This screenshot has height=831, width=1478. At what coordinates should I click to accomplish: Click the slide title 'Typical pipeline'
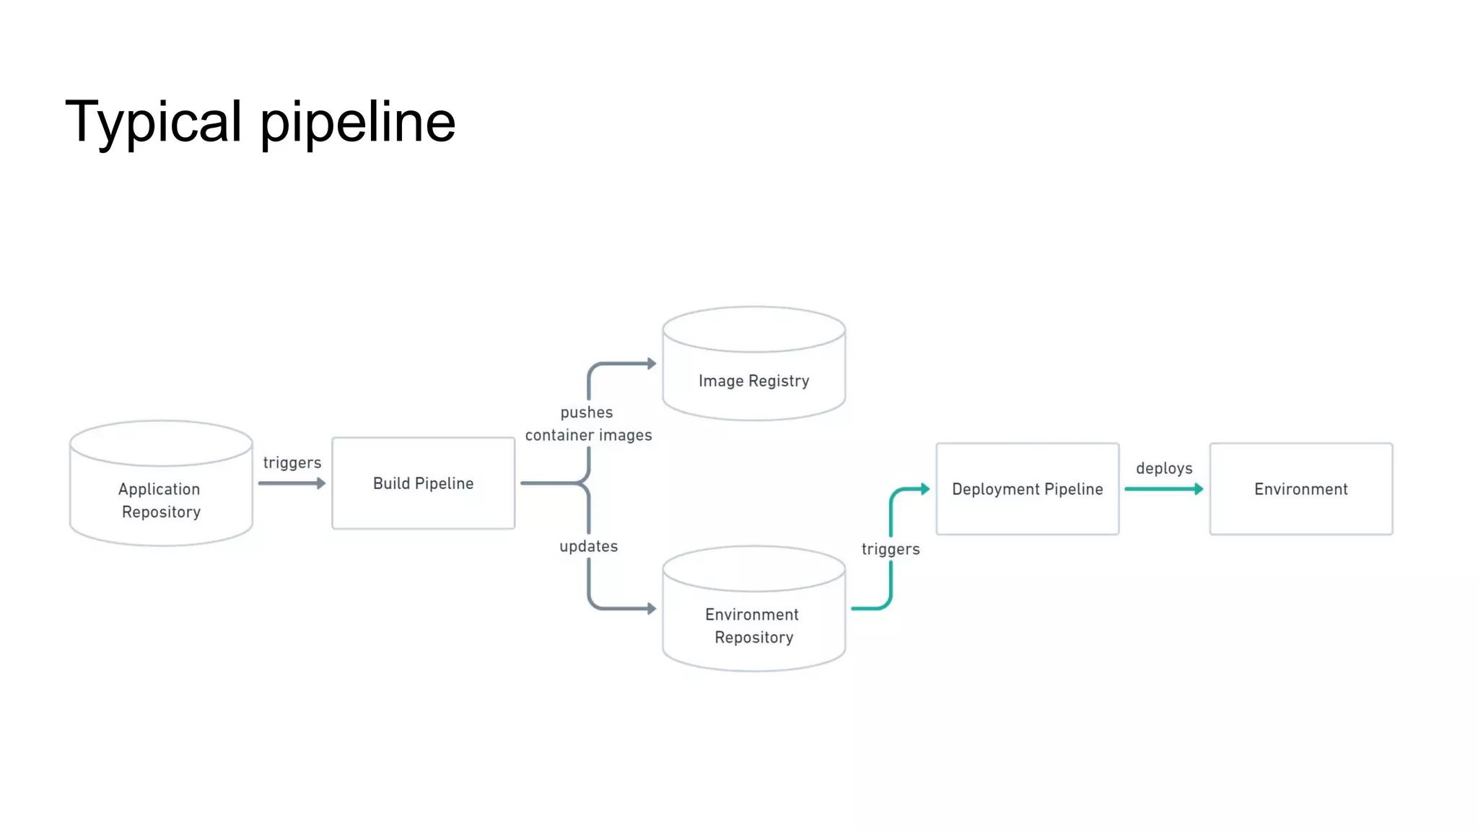[x=260, y=123]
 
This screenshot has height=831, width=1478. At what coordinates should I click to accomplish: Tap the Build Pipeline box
[x=423, y=483]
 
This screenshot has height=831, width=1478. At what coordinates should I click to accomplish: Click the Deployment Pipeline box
[x=1027, y=489]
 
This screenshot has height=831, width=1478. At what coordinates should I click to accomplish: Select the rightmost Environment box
[x=1300, y=489]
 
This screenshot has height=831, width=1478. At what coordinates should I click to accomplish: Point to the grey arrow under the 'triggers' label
[x=292, y=483]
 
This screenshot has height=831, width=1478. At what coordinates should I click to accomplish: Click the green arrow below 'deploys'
[x=1163, y=489]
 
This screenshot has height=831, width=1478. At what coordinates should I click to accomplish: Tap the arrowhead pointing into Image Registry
[x=651, y=364]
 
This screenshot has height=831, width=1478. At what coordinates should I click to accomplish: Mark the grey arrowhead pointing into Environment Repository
[x=651, y=609]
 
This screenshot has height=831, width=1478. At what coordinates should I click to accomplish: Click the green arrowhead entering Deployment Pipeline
[x=924, y=489]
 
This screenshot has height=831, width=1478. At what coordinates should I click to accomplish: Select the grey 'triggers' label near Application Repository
[x=292, y=462]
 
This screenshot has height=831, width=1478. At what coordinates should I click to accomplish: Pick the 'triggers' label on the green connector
[x=891, y=549]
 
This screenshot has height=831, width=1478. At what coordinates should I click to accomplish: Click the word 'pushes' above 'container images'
[x=587, y=413]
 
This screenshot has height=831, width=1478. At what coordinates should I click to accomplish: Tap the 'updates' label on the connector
[x=588, y=546]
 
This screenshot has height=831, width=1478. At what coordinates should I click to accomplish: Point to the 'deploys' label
[x=1164, y=468]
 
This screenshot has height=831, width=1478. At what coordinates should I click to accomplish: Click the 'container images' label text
[x=588, y=435]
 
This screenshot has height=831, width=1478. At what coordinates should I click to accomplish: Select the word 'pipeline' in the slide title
[x=357, y=123]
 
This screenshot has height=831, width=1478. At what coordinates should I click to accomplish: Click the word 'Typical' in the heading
[x=154, y=123]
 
